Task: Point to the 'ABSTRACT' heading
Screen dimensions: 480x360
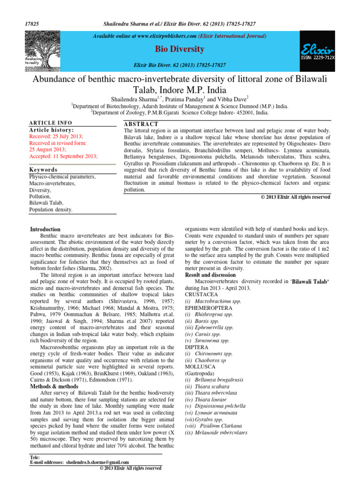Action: point(137,123)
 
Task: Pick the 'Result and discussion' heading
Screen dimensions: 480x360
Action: point(210,275)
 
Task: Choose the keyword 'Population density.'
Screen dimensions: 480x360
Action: point(51,210)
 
